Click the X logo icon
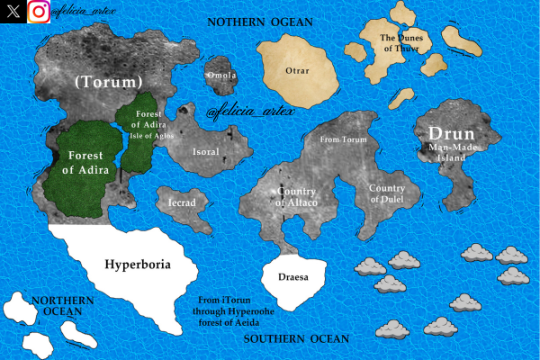(13, 12)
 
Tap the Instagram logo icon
(39, 12)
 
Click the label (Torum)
(109, 82)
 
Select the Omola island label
(220, 76)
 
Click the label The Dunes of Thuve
(399, 43)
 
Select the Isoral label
(205, 152)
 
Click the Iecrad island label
(182, 203)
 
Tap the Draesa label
(294, 278)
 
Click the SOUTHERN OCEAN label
(295, 338)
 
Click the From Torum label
(345, 140)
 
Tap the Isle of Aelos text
(151, 135)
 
